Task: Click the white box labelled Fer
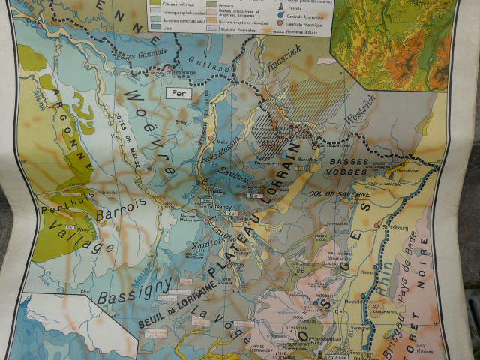(177, 94)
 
